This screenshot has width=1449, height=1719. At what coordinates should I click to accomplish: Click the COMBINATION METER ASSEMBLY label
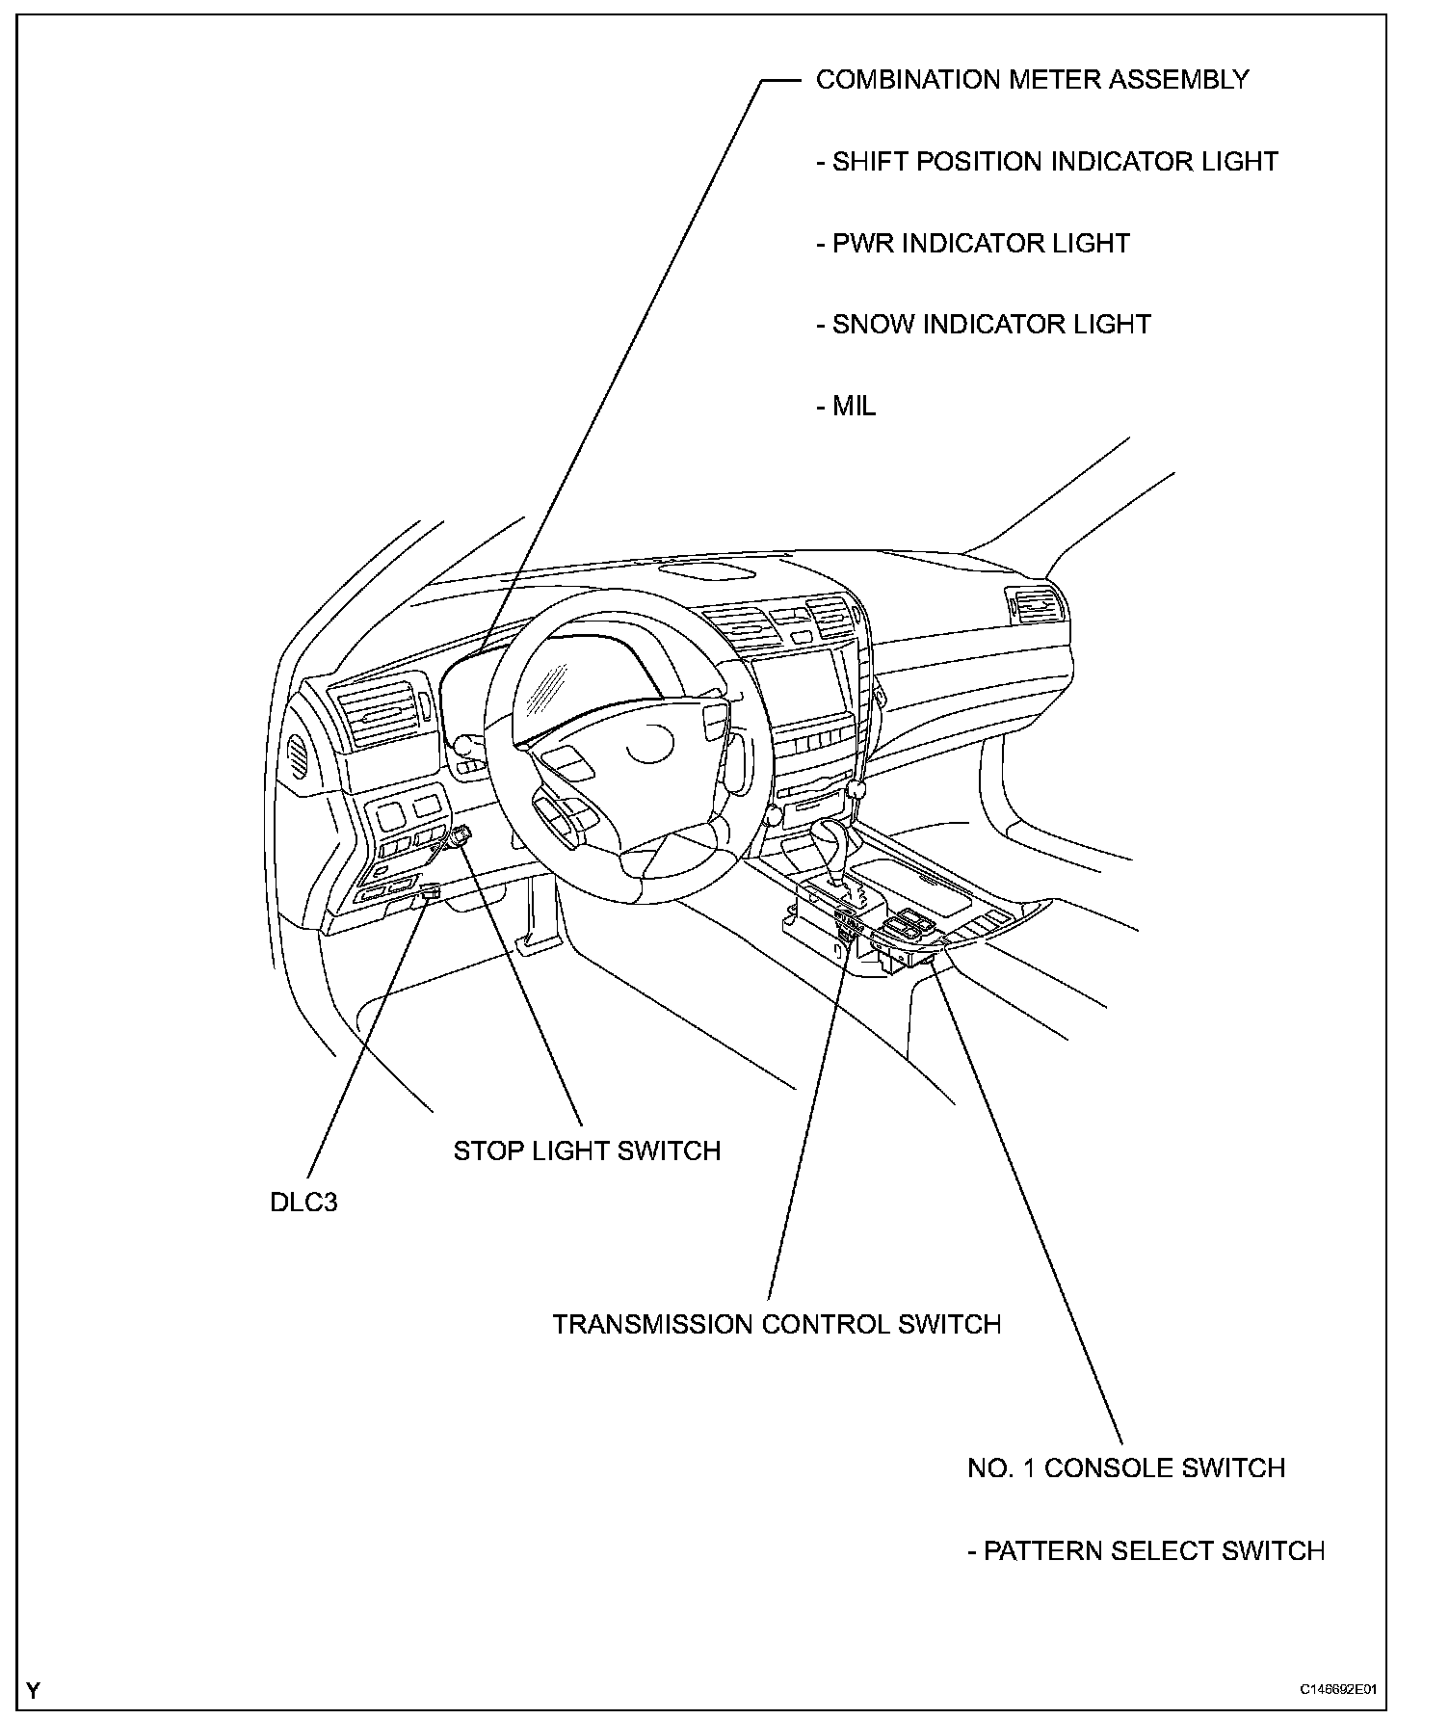[1032, 80]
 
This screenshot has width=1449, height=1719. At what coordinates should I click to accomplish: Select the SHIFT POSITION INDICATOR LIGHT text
[1046, 162]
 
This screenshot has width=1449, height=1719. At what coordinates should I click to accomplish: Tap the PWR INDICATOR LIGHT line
[972, 243]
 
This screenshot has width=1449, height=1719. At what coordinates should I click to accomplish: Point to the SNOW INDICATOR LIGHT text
[983, 325]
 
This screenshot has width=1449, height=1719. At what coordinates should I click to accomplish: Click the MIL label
[846, 407]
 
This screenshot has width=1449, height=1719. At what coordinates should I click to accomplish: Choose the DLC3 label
[303, 1203]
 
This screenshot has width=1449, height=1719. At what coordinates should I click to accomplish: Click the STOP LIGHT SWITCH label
[587, 1150]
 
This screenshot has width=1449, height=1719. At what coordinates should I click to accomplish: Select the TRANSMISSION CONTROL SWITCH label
[777, 1324]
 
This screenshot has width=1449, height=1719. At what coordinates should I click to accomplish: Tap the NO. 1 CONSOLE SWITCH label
[1126, 1468]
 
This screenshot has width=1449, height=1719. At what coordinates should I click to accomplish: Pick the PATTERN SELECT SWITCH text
[1146, 1550]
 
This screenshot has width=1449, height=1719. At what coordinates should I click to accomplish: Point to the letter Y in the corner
[34, 1690]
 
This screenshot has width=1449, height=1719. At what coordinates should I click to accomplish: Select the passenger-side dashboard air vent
[1036, 607]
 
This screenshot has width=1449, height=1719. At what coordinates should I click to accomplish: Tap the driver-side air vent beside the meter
[381, 712]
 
